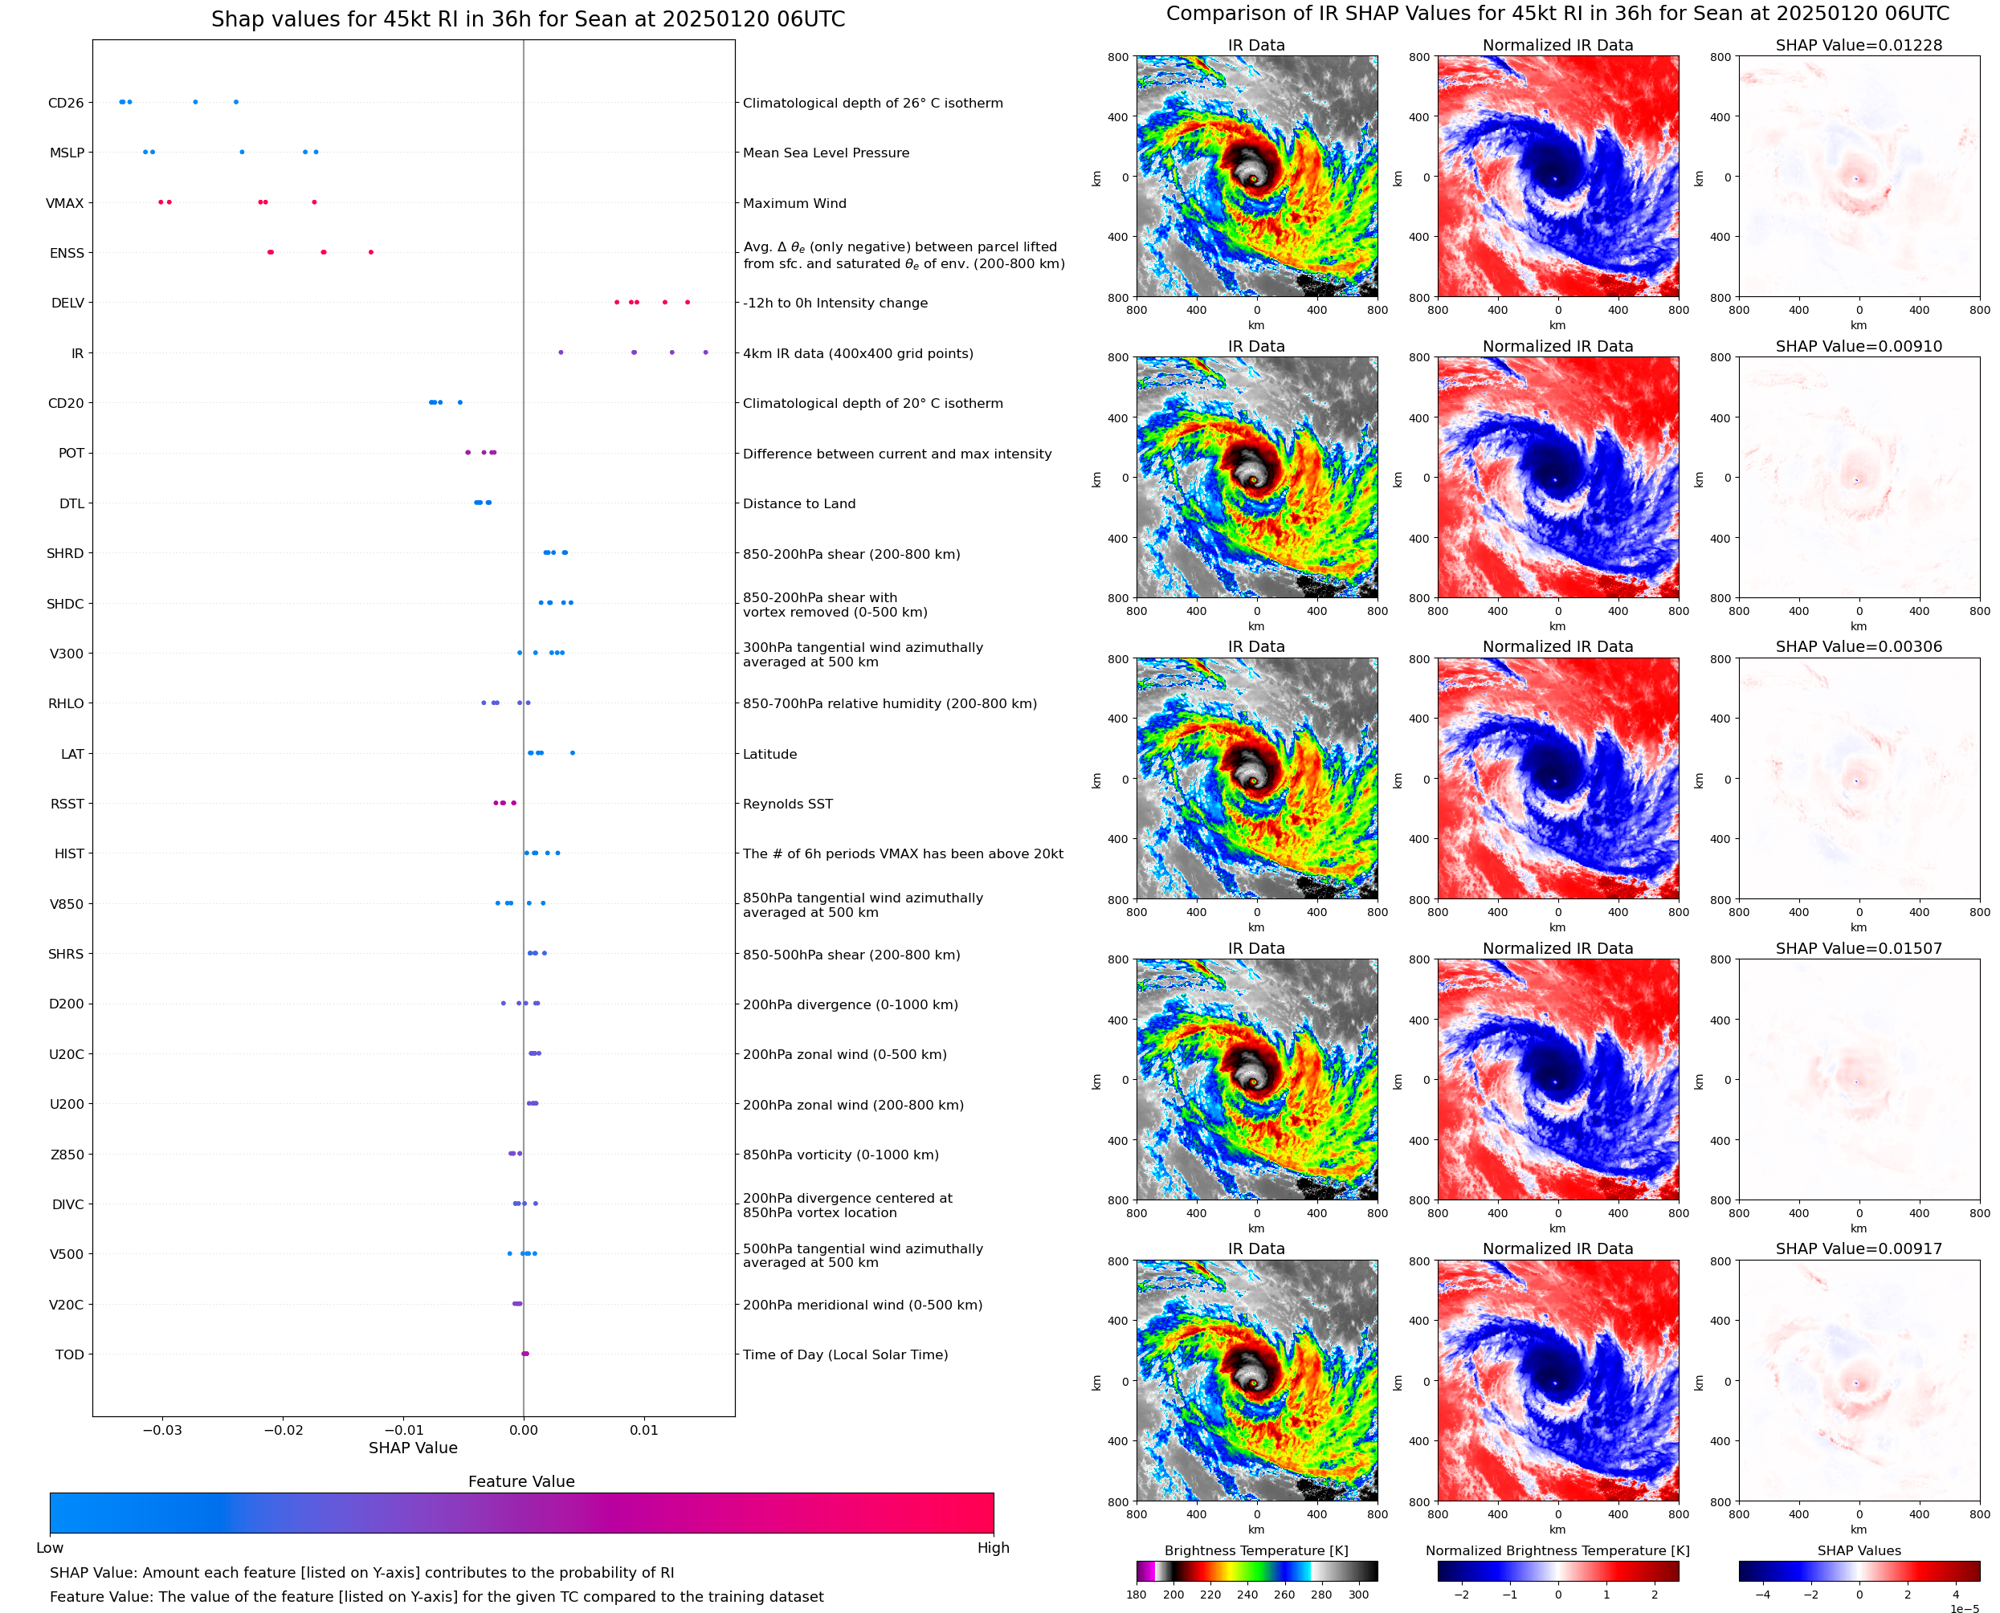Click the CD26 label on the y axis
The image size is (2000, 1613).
tap(65, 103)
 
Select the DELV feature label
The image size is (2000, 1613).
tap(67, 303)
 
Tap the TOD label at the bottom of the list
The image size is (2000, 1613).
tap(69, 1354)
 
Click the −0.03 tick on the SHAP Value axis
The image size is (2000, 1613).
tap(161, 1430)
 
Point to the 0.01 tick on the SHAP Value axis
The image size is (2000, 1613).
tap(643, 1430)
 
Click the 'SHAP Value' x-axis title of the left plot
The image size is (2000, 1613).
tap(413, 1448)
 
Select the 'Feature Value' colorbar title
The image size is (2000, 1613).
tap(520, 1482)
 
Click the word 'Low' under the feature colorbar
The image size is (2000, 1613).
tap(49, 1548)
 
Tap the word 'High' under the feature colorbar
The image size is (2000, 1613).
tap(993, 1548)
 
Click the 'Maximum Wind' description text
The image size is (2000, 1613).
tap(794, 203)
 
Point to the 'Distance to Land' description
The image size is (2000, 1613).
tap(798, 503)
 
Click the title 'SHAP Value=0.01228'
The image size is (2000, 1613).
tap(1858, 45)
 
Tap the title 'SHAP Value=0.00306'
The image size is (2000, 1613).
tap(1858, 646)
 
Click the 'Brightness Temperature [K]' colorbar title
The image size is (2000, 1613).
tap(1255, 1550)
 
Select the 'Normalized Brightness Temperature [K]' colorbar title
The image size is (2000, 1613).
tap(1557, 1550)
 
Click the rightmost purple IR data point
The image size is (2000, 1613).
tap(705, 352)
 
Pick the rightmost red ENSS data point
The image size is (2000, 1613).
tap(371, 252)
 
